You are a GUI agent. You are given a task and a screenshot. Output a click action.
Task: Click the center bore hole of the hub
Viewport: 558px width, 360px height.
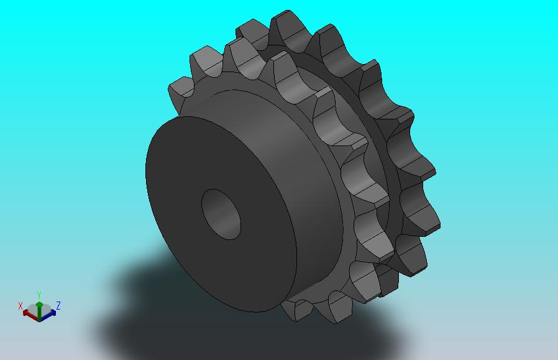(221, 214)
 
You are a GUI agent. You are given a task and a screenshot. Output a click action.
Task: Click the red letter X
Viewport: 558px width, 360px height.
(21, 306)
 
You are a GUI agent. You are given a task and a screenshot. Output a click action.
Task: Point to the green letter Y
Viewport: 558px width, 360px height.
(40, 295)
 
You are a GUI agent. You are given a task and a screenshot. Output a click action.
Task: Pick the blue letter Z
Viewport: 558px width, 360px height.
(58, 305)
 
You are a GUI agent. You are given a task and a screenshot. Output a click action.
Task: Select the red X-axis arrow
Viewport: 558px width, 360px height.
(30, 315)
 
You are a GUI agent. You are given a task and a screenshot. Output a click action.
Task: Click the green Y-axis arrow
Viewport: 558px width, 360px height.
(40, 309)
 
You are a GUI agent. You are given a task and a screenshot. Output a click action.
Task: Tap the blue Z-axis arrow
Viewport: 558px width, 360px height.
(48, 315)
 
